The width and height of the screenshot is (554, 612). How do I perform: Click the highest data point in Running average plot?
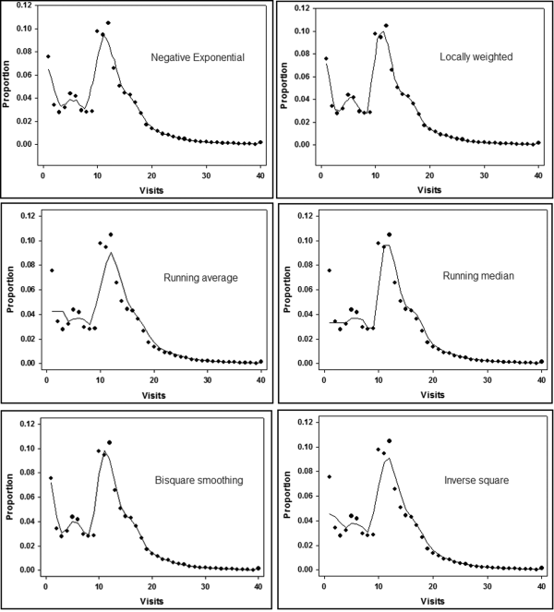pos(111,234)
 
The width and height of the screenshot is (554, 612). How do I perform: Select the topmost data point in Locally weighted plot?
pos(386,25)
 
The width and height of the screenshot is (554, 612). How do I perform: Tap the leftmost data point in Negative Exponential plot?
pos(48,56)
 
